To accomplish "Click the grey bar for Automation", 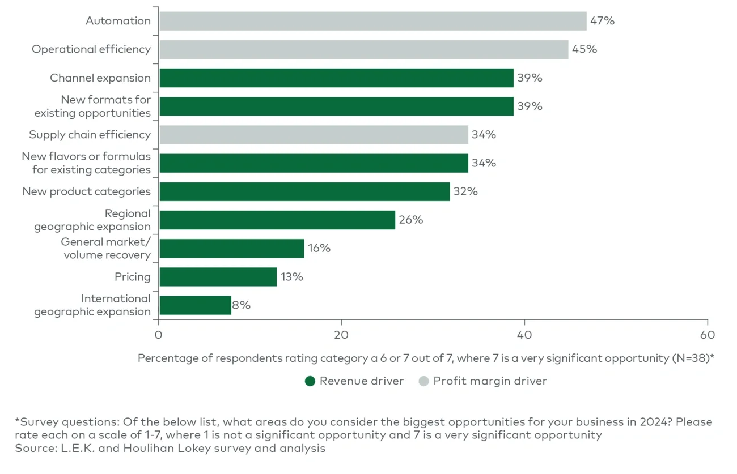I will tap(372, 21).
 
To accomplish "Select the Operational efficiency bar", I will tap(363, 49).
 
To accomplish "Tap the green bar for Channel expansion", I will tap(336, 78).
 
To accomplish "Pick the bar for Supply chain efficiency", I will tap(314, 135).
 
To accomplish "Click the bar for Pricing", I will tap(218, 277).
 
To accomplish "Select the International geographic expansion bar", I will tap(195, 305).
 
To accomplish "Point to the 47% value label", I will tap(602, 21).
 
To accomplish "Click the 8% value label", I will tap(242, 305).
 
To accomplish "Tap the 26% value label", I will tap(411, 220).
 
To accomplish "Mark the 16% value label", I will tap(319, 248).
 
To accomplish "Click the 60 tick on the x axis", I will tap(707, 335).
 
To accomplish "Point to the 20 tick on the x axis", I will tap(341, 335).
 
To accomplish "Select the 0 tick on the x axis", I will tap(159, 335).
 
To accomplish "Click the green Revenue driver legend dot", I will tap(310, 381).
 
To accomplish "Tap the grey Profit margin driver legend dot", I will tap(423, 381).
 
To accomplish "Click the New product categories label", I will tap(86, 191).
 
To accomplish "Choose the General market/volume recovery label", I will tap(107, 249).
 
